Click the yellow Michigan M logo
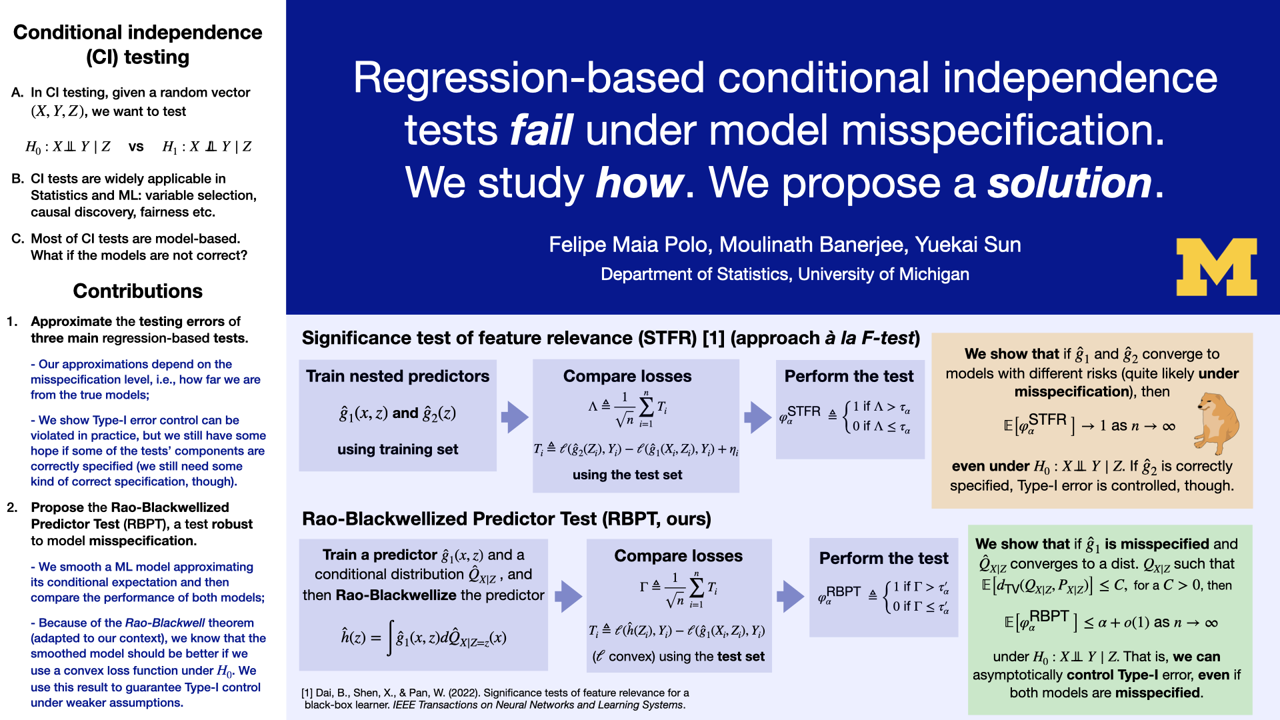click(x=1216, y=267)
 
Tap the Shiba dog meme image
click(x=1218, y=423)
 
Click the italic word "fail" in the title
click(x=541, y=130)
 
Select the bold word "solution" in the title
click(x=1069, y=183)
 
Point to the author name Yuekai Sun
click(x=967, y=245)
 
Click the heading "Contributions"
click(x=137, y=291)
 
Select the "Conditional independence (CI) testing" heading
click(x=137, y=45)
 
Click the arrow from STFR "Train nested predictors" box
click(x=514, y=417)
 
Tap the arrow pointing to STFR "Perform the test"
click(x=757, y=417)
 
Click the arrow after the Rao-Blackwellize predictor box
click(x=568, y=596)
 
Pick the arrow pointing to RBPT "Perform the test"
click(x=790, y=596)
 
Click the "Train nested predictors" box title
click(x=397, y=377)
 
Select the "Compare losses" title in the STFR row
click(x=627, y=377)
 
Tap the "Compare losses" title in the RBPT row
click(x=678, y=556)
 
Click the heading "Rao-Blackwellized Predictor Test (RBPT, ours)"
click(x=507, y=519)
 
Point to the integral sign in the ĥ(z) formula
click(x=389, y=638)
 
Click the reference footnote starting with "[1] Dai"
click(x=495, y=699)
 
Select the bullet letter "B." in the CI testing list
click(x=18, y=179)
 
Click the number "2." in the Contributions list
click(x=13, y=507)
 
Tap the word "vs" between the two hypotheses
click(x=136, y=147)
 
